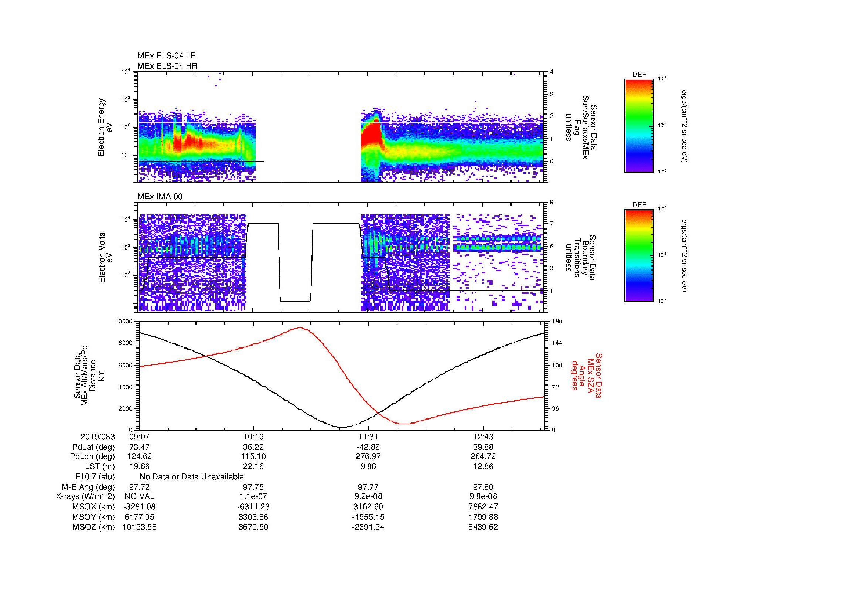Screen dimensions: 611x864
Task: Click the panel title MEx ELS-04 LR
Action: (167, 56)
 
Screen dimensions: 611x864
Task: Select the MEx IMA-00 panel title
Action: (160, 197)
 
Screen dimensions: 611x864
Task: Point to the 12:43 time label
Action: (483, 437)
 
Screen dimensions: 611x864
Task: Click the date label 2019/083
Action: (98, 437)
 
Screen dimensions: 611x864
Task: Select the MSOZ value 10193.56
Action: (139, 527)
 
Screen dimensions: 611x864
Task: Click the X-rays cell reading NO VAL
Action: (139, 496)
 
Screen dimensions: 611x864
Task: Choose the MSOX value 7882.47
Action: (483, 507)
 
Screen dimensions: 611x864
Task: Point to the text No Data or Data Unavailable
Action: (192, 477)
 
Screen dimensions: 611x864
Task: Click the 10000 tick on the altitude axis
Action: (124, 322)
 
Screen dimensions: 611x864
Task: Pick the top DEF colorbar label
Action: (639, 75)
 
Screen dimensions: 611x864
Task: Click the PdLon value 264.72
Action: (483, 456)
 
